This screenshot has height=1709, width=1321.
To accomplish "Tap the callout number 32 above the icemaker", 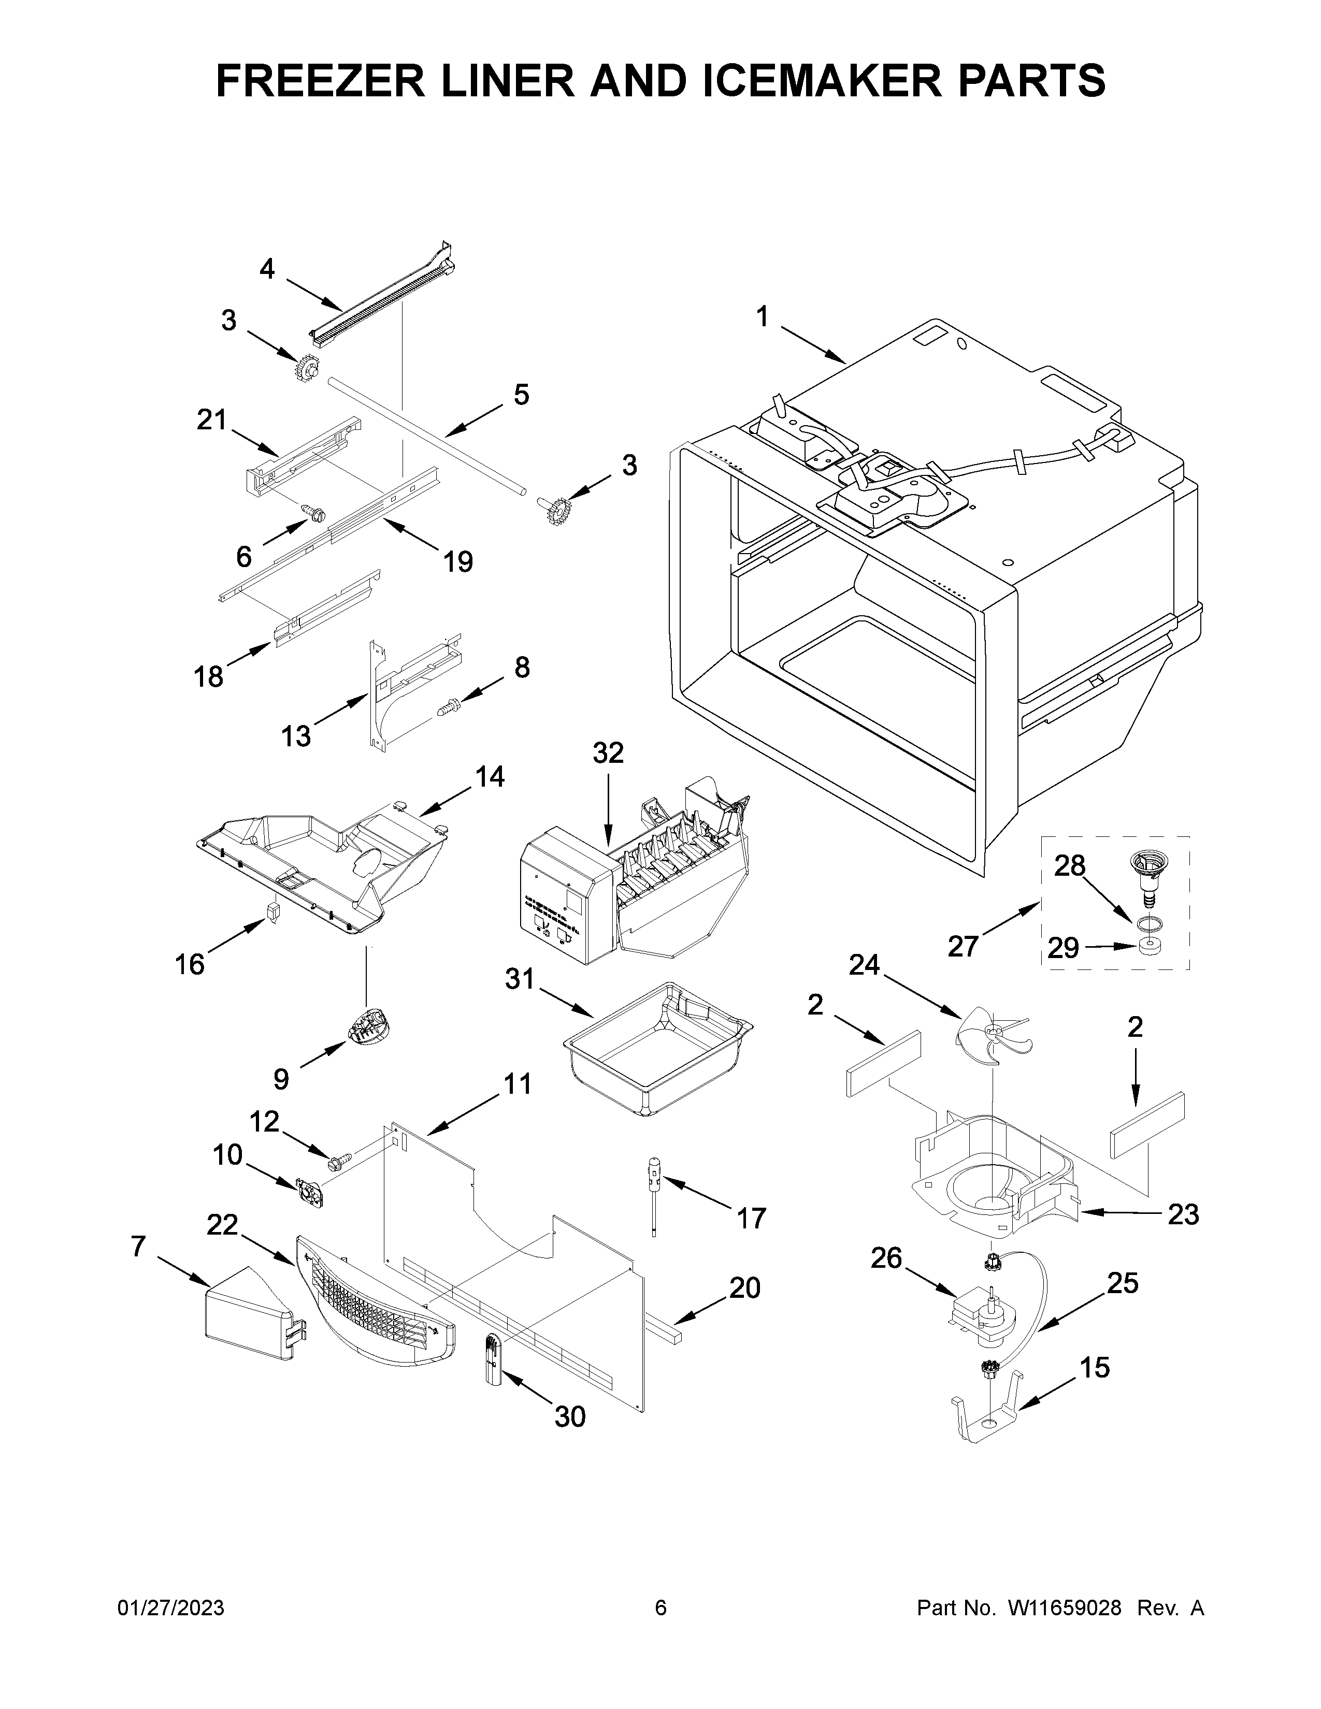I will tap(608, 753).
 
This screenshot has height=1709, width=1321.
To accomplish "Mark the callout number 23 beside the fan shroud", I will tap(1183, 1214).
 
